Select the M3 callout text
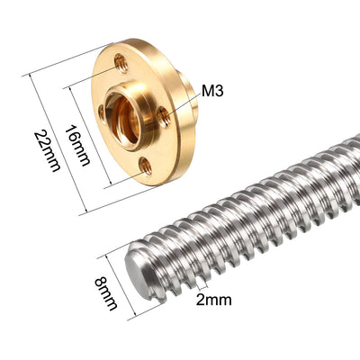pos(212,91)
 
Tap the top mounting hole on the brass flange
pos(120,62)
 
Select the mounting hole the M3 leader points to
pos(163,114)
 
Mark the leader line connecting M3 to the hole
pos(183,102)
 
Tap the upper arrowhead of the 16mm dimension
pos(68,88)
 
